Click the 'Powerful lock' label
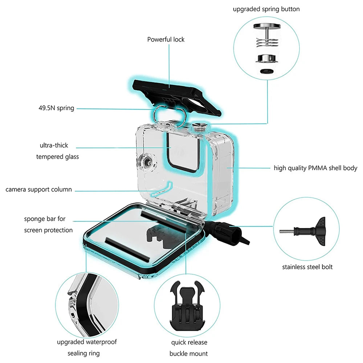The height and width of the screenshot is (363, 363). [x=166, y=39]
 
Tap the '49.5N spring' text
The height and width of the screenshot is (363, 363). [x=56, y=108]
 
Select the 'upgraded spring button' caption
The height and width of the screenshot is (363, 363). [x=266, y=9]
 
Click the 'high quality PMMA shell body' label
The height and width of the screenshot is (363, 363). [x=315, y=168]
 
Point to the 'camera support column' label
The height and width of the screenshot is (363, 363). [x=38, y=189]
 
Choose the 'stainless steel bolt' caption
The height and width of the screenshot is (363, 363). [x=307, y=267]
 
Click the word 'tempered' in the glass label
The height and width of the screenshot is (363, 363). [x=57, y=157]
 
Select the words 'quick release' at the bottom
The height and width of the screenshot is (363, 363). [x=189, y=342]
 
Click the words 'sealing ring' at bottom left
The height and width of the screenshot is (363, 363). [x=83, y=353]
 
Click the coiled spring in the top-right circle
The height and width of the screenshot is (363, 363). [x=266, y=43]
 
